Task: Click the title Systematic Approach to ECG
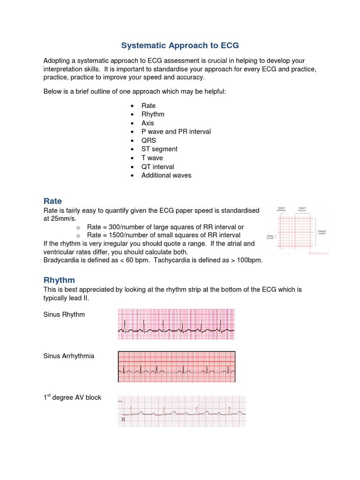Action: click(x=180, y=45)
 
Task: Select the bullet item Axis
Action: click(x=148, y=123)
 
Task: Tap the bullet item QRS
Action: click(x=149, y=140)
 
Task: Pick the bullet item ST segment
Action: click(x=159, y=149)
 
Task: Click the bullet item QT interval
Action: click(x=157, y=166)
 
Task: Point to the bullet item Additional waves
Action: click(x=166, y=175)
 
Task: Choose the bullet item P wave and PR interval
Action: click(x=176, y=132)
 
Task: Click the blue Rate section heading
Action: click(x=52, y=201)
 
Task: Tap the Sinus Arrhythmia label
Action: click(x=68, y=356)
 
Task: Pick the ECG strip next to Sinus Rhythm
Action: click(x=176, y=324)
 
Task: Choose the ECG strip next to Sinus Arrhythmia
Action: click(x=176, y=367)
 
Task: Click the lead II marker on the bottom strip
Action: click(x=123, y=420)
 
